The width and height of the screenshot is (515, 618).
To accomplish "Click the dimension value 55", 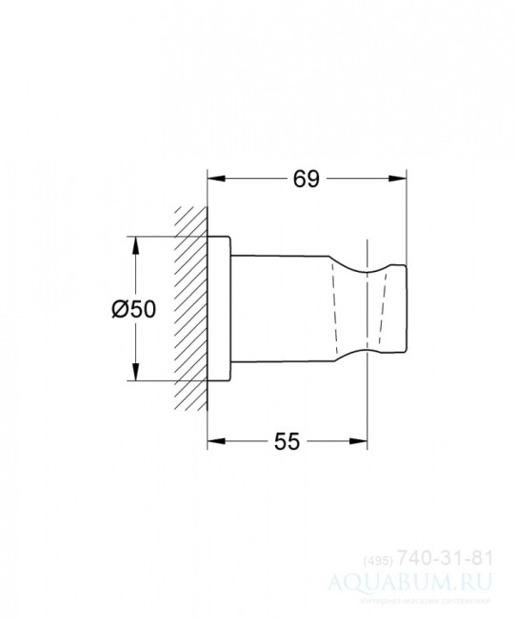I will click(x=287, y=440).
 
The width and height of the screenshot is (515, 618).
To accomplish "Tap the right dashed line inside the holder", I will click(x=381, y=309).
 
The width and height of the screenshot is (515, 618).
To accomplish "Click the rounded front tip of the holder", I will click(x=404, y=309).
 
